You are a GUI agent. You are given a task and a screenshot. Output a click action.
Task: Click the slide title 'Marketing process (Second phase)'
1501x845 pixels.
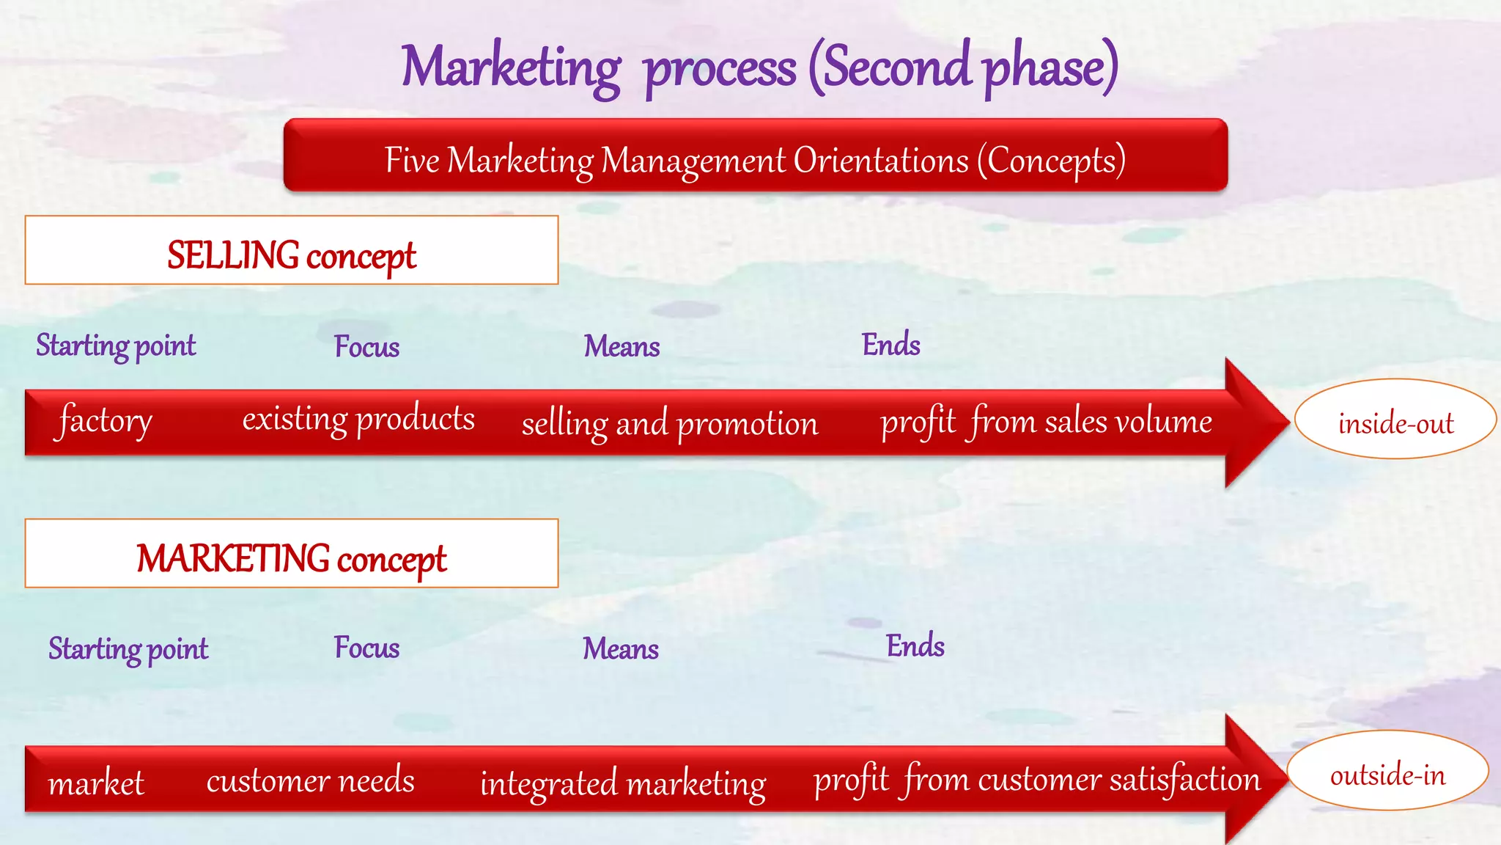pyautogui.click(x=759, y=67)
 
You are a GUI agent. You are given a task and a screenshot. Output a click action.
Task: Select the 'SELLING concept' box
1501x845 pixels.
pyautogui.click(x=291, y=250)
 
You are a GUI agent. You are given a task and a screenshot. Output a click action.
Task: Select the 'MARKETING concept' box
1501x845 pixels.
pyautogui.click(x=291, y=554)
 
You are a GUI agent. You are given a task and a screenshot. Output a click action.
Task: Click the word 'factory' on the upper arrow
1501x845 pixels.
pyautogui.click(x=105, y=420)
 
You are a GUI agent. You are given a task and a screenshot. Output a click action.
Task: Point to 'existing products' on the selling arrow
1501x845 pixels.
pyautogui.click(x=358, y=420)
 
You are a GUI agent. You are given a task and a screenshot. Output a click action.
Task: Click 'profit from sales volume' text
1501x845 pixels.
pyautogui.click(x=1046, y=422)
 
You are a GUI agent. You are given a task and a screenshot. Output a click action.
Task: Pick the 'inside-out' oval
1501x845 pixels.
pyautogui.click(x=1395, y=420)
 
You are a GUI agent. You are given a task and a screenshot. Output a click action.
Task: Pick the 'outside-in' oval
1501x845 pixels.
pyautogui.click(x=1387, y=772)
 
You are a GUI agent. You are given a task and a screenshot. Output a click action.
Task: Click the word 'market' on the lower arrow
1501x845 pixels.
pyautogui.click(x=96, y=783)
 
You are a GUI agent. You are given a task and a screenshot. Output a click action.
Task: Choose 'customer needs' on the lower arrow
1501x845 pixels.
pyautogui.click(x=310, y=780)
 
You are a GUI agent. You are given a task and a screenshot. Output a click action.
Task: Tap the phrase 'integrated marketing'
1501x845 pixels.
pyautogui.click(x=622, y=783)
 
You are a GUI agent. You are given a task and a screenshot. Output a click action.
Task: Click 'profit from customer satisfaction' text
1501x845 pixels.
pyautogui.click(x=1036, y=779)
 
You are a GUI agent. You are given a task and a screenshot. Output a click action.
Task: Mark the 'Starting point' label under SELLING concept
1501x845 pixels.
pyautogui.click(x=116, y=345)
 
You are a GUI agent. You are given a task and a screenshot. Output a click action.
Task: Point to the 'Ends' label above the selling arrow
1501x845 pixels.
pyautogui.click(x=890, y=344)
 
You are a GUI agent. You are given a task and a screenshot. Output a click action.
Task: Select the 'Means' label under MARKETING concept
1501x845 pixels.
pyautogui.click(x=620, y=648)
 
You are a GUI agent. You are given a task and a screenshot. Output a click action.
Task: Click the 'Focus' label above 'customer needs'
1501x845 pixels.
pyautogui.click(x=366, y=648)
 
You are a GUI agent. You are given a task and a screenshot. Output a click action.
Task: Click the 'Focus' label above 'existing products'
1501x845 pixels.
pyautogui.click(x=366, y=346)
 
